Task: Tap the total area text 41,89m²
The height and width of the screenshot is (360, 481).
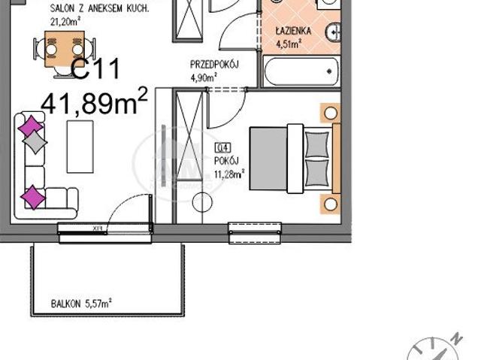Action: coord(94,102)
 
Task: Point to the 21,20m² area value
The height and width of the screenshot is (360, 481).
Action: coord(64,22)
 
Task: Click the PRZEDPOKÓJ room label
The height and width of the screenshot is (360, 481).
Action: coord(214,65)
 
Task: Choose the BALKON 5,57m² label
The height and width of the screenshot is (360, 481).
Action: coord(81,304)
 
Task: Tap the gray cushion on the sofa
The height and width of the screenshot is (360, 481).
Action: coord(36,141)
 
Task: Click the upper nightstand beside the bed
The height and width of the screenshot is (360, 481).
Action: coord(330,113)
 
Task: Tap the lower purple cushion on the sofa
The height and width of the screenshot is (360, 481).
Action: coord(33,197)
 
